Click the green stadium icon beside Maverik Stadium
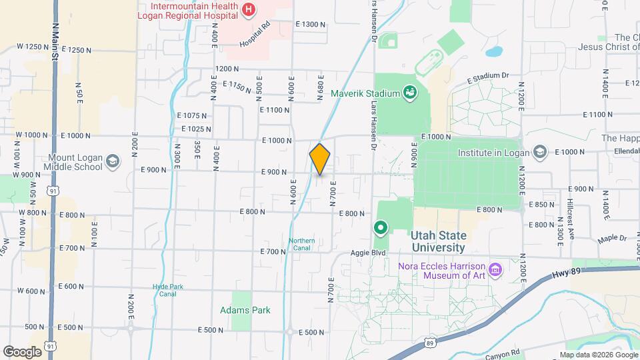pyautogui.click(x=410, y=93)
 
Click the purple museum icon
pyautogui.click(x=495, y=270)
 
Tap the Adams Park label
pyautogui.click(x=245, y=310)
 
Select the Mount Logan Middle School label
pyautogui.click(x=75, y=163)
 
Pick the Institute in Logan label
pyautogui.click(x=493, y=152)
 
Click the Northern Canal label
pyautogui.click(x=302, y=244)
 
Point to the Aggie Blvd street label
pyautogui.click(x=369, y=254)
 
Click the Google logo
pyautogui.click(x=22, y=351)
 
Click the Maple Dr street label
pyautogui.click(x=613, y=238)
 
